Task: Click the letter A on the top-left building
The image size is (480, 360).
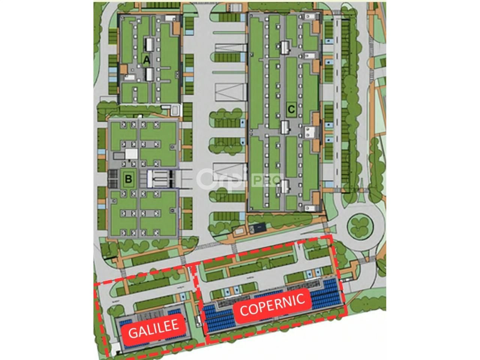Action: (x=146, y=60)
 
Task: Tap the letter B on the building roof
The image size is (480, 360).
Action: (x=128, y=179)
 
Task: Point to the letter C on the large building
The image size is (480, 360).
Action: (x=291, y=109)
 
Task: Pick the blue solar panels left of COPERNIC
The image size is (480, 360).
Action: (x=219, y=317)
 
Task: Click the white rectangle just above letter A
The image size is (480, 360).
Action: (x=149, y=45)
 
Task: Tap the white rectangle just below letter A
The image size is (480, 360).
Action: (x=149, y=74)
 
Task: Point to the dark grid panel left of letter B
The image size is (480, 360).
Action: (x=112, y=179)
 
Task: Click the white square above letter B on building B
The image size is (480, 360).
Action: (x=132, y=154)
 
